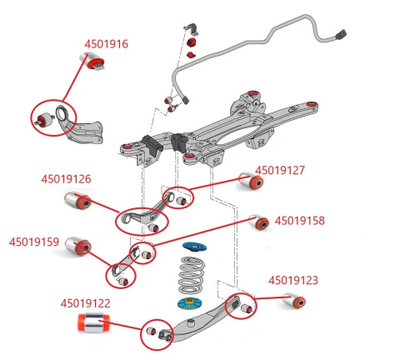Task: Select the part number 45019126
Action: (x=66, y=178)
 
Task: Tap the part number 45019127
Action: (x=280, y=170)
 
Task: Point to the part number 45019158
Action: (x=299, y=221)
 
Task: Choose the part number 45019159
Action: (x=34, y=242)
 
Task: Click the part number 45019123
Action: (x=292, y=281)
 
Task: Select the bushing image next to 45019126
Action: (x=76, y=201)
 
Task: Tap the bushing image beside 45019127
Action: (x=250, y=180)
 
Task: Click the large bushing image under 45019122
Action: (x=92, y=323)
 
